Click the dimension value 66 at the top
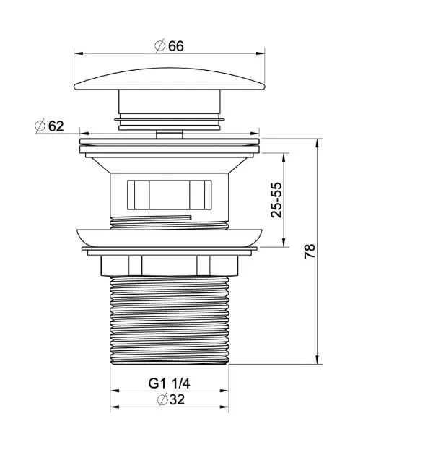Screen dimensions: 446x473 pyautogui.click(x=176, y=46)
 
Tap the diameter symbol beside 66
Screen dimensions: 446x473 pyautogui.click(x=159, y=45)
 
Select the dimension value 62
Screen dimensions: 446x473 pyautogui.click(x=56, y=126)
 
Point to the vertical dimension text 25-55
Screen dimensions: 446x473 pyautogui.click(x=276, y=200)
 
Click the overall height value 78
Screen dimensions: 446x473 pyautogui.click(x=310, y=251)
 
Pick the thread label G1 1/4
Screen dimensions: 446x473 pyautogui.click(x=169, y=383)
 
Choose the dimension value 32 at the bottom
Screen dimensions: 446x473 pyautogui.click(x=177, y=399)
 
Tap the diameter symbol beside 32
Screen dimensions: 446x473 pyautogui.click(x=162, y=399)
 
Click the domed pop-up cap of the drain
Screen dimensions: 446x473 pyautogui.click(x=170, y=79)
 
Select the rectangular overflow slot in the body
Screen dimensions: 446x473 pyautogui.click(x=169, y=195)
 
